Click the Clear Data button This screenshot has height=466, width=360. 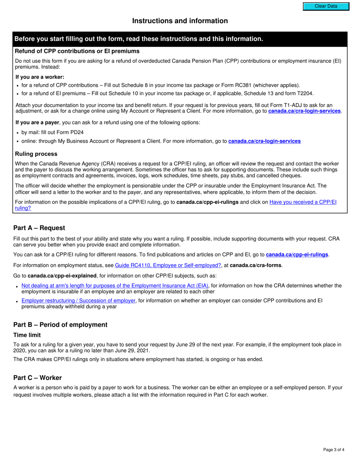click(326, 6)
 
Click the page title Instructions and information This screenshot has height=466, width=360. click(180, 21)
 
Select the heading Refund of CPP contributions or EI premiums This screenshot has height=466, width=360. click(77, 51)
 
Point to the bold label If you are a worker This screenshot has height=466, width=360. click(39, 77)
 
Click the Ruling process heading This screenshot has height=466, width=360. click(36, 154)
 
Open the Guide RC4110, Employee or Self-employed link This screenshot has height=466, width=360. click(168, 265)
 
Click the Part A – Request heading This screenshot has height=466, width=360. click(39, 228)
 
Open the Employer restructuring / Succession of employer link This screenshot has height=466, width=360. click(78, 300)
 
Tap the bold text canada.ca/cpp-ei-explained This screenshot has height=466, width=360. click(62, 275)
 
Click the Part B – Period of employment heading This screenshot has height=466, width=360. click(60, 325)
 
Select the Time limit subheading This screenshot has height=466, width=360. click(27, 335)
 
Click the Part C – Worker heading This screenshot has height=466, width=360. click(38, 378)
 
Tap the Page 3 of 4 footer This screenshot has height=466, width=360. click(333, 450)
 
